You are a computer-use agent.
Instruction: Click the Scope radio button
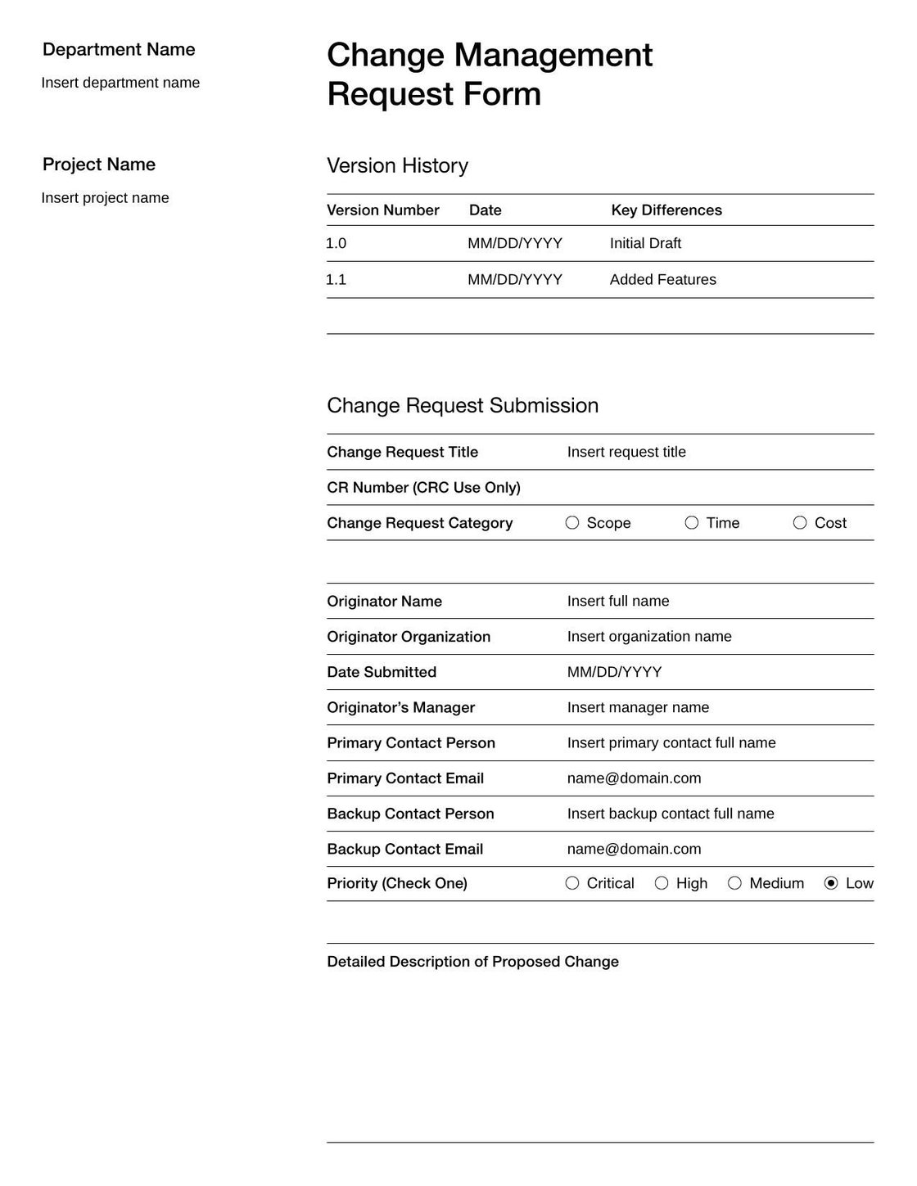point(572,523)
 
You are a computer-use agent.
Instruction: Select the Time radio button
point(692,523)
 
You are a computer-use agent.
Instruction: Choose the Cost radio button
point(800,523)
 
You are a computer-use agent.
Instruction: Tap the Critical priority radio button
point(572,883)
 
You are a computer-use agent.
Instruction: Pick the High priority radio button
point(662,883)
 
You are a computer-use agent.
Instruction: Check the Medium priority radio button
point(734,883)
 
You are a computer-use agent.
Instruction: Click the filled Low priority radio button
point(831,883)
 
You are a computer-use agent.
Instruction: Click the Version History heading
point(397,165)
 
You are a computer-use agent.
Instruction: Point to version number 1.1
point(336,280)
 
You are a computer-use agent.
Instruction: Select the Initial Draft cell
point(645,243)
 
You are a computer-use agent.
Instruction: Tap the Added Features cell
point(662,280)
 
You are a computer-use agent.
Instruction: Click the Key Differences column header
point(666,210)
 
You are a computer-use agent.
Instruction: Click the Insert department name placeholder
point(120,83)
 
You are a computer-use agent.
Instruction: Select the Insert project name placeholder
point(105,198)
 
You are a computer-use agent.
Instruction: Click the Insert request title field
point(626,452)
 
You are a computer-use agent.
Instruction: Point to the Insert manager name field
point(638,707)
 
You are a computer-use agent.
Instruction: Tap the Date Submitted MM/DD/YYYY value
point(614,672)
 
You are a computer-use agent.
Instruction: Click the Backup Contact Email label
point(404,849)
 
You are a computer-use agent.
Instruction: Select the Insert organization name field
point(649,637)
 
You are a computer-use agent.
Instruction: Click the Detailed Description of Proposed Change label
point(472,962)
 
